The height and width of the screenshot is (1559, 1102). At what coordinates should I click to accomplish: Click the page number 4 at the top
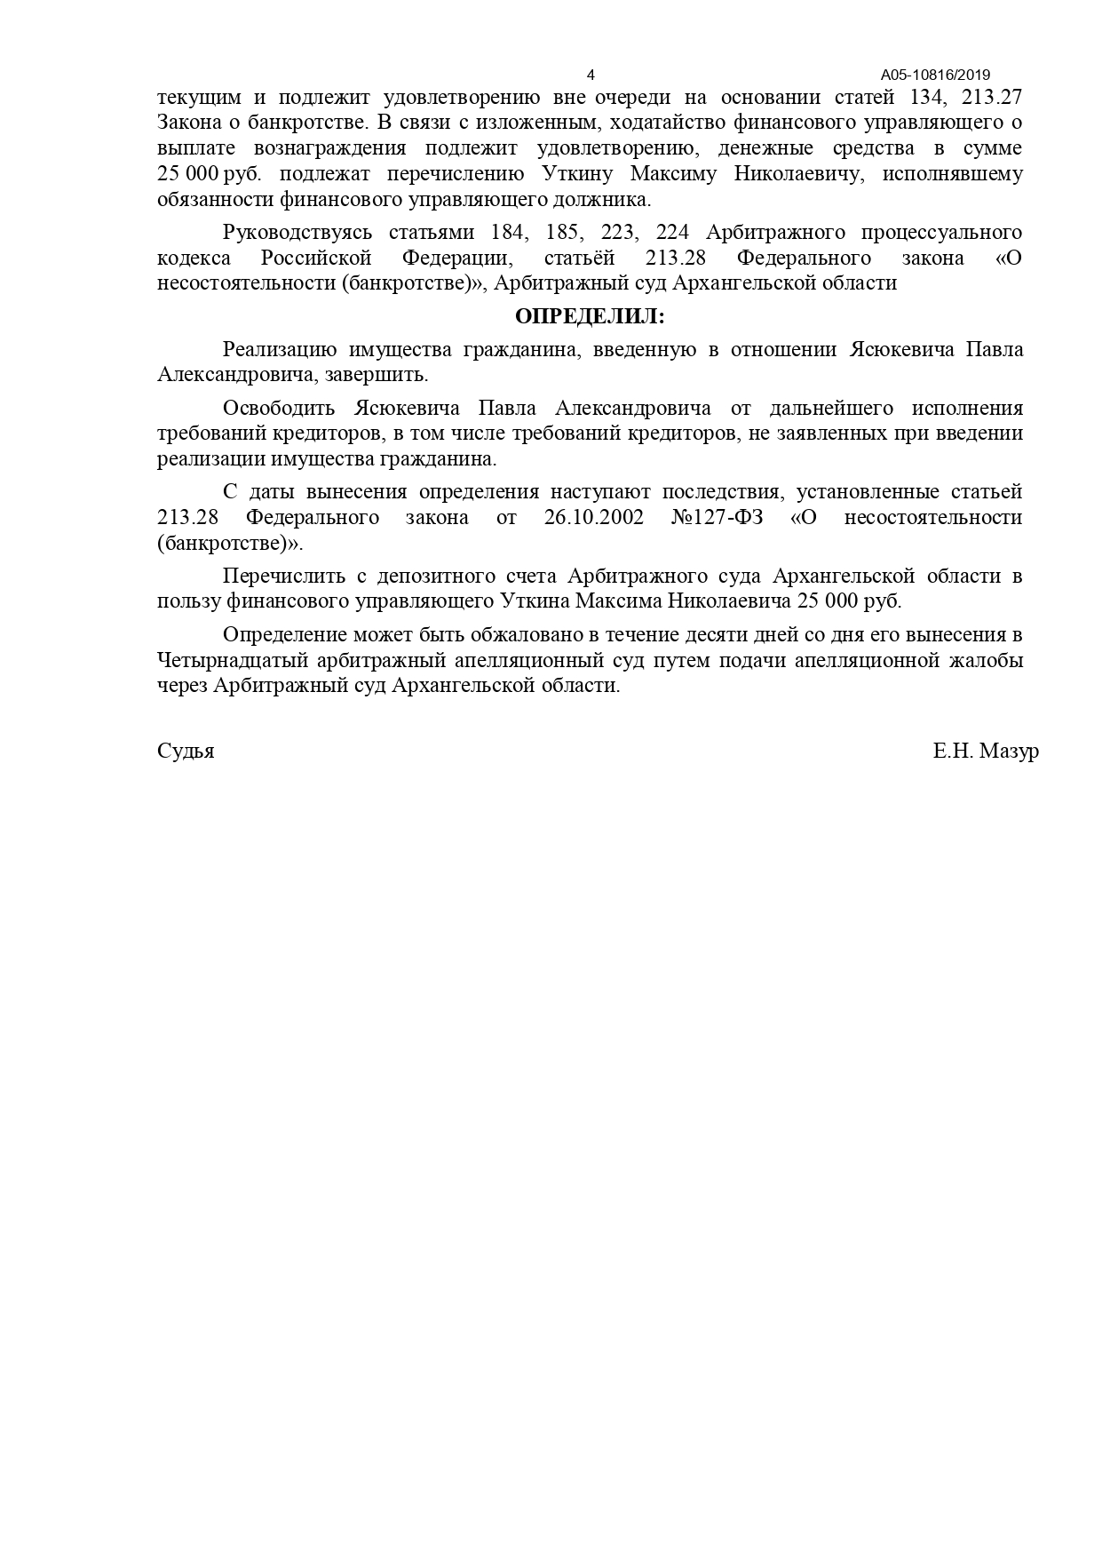591,75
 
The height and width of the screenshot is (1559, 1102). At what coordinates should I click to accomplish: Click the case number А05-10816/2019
935,75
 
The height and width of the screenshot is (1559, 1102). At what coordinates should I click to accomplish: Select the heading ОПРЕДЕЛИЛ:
590,316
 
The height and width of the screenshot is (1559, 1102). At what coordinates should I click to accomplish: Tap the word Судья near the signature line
186,752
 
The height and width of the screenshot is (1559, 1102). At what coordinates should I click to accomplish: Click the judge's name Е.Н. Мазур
986,752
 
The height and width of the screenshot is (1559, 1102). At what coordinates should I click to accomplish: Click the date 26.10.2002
593,518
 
